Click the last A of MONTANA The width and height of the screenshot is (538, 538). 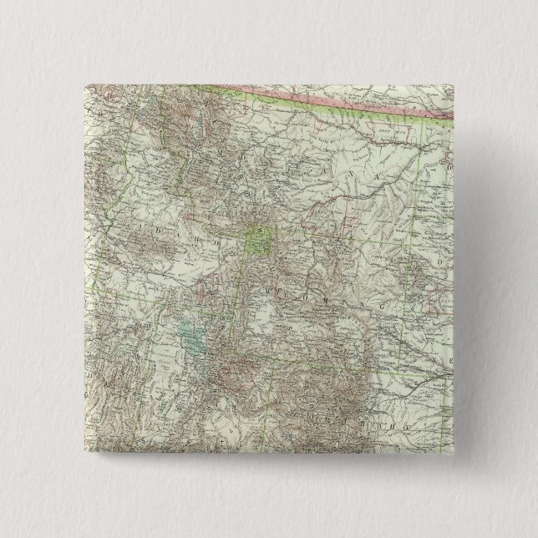click(x=385, y=178)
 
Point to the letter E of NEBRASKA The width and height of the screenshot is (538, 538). click(x=442, y=358)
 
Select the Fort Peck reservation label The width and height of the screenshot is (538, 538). click(x=386, y=133)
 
